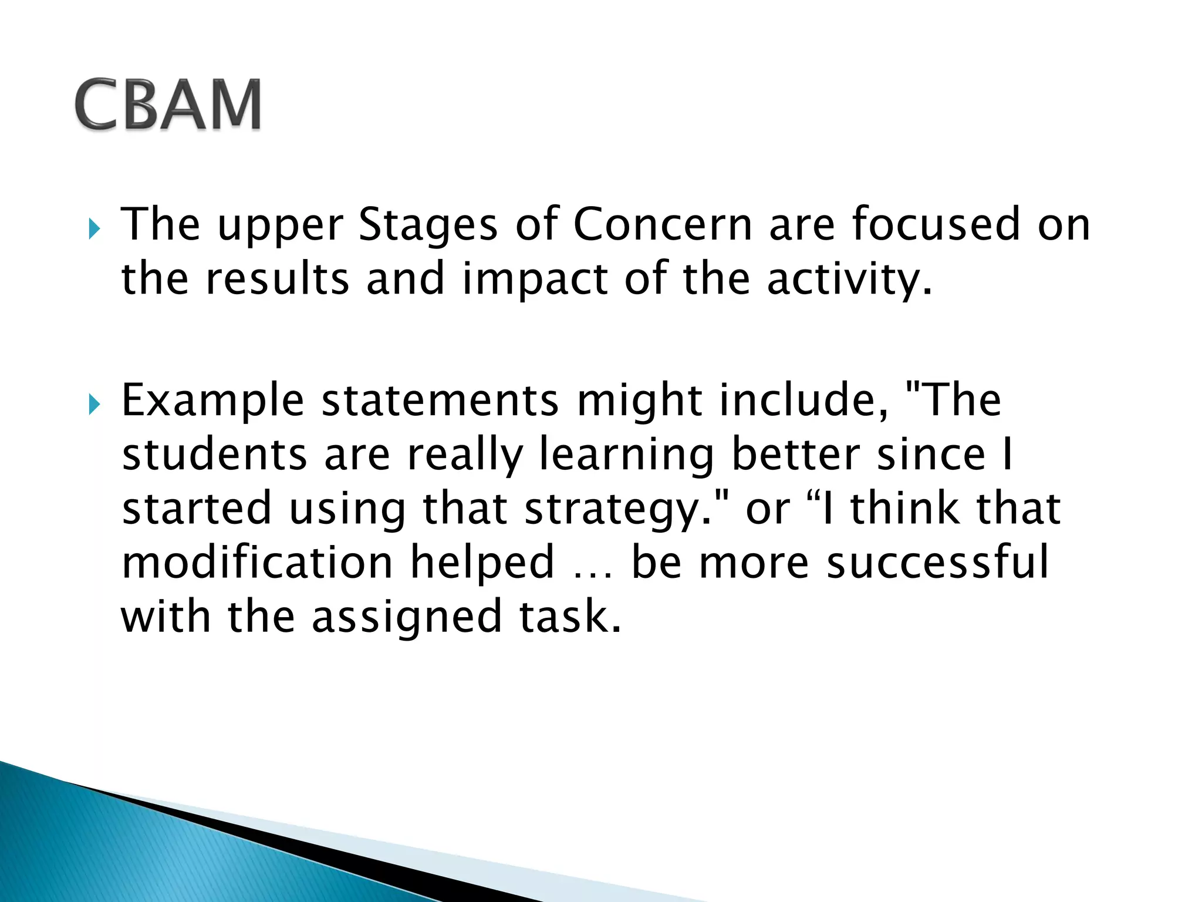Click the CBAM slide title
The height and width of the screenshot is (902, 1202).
click(168, 104)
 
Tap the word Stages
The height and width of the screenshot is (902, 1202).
click(428, 224)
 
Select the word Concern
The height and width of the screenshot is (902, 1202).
click(663, 224)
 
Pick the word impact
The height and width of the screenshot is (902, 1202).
click(535, 280)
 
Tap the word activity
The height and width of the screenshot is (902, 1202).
click(848, 280)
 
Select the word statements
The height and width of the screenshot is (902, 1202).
click(440, 400)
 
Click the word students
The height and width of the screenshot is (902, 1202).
click(214, 455)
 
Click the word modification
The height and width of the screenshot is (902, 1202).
click(257, 563)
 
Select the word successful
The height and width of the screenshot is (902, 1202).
click(937, 563)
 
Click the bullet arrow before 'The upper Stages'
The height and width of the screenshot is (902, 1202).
click(94, 229)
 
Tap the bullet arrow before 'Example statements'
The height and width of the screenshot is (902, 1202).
click(94, 405)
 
